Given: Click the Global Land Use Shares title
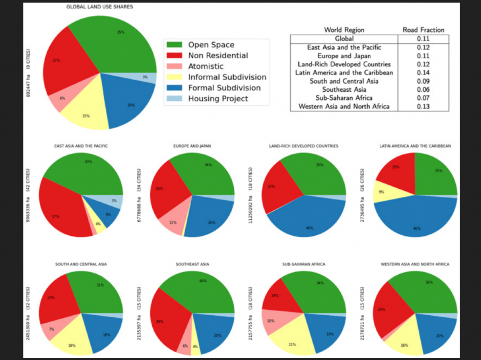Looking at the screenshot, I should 100,7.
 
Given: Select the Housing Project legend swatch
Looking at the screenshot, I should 174,99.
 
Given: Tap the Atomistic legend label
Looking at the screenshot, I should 206,66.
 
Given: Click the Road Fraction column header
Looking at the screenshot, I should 423,30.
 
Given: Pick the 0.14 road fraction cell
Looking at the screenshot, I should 423,72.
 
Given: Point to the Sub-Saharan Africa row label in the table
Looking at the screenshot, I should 344,98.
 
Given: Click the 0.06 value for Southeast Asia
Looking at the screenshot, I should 423,90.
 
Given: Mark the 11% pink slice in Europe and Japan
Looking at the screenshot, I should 171,222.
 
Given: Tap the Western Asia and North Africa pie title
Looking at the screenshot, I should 415,264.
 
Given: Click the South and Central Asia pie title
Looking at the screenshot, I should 81,264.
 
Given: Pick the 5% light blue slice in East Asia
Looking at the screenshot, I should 115,201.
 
